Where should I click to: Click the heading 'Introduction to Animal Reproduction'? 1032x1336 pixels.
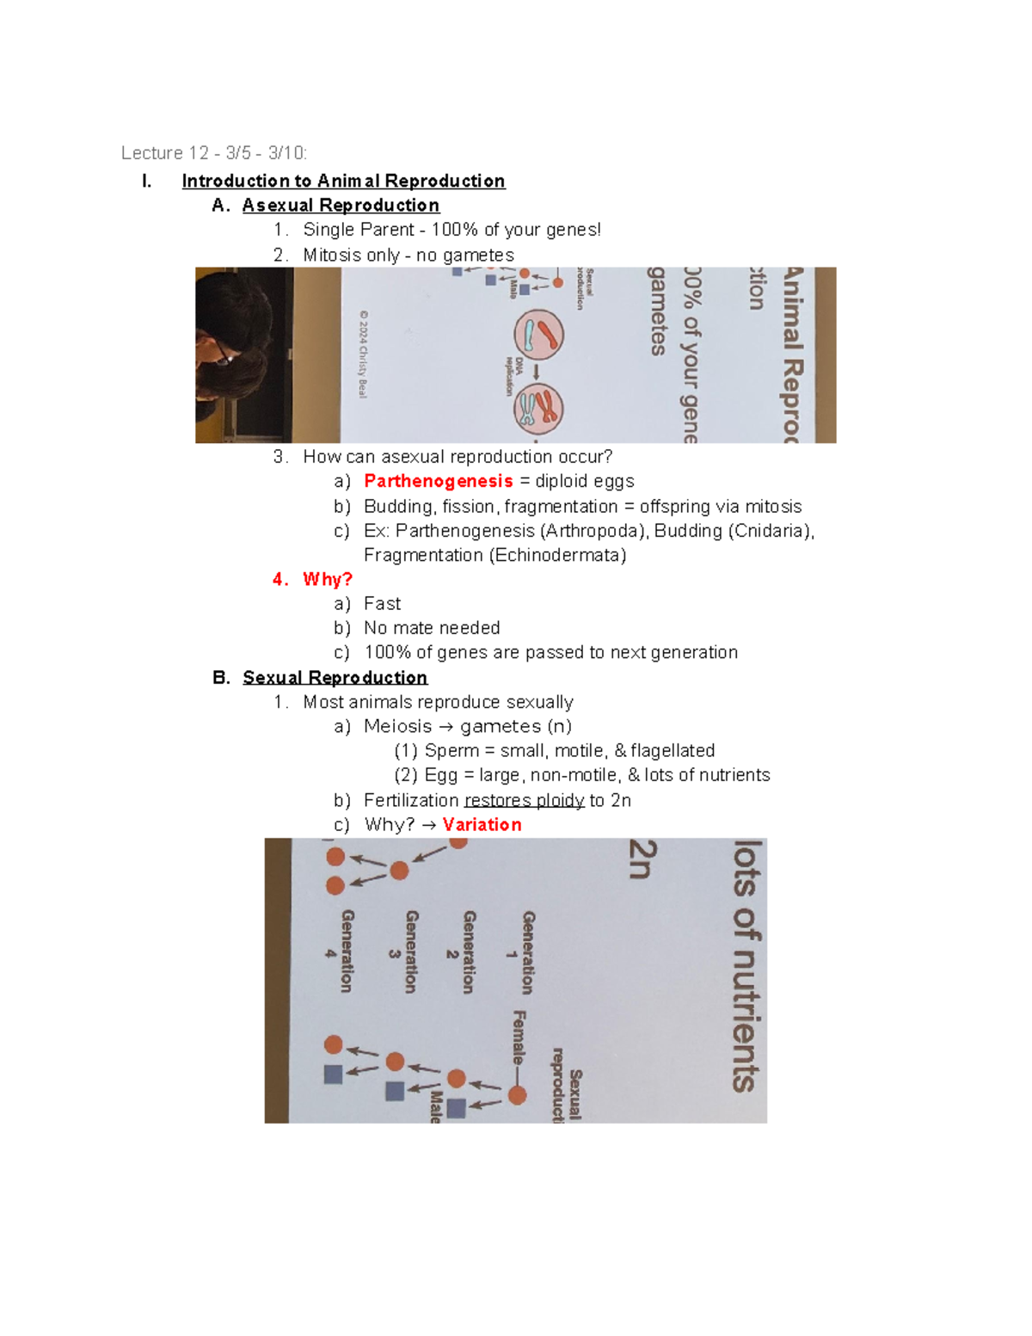tap(343, 181)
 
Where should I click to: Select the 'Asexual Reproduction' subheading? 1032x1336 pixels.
tap(341, 205)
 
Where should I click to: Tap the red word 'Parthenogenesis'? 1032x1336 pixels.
tap(438, 481)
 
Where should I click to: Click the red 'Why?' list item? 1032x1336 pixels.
tap(327, 579)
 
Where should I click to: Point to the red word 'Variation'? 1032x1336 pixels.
tap(482, 824)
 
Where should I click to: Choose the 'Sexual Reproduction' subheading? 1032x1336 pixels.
tap(335, 677)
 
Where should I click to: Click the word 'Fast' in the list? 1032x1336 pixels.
tap(382, 603)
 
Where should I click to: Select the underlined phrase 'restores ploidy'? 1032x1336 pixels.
tap(524, 800)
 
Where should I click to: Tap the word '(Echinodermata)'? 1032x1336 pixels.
tap(557, 555)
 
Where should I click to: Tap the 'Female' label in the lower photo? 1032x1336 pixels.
tap(519, 1037)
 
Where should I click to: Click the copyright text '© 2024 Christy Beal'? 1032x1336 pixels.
tap(364, 354)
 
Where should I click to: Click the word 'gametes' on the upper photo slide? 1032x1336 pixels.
tap(657, 311)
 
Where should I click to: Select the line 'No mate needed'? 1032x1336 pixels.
tap(432, 628)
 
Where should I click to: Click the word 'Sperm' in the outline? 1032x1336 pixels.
tap(451, 750)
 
